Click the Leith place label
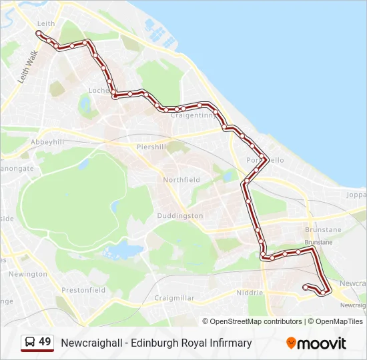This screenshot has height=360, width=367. (x=46, y=23)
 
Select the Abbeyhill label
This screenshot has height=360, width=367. (x=47, y=142)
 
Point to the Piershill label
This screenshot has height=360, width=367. (x=151, y=147)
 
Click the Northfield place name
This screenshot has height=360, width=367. (x=181, y=180)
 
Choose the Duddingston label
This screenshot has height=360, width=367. (x=179, y=216)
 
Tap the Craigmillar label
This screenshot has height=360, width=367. (x=173, y=298)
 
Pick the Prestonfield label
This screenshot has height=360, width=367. (x=83, y=290)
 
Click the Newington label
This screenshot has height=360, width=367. (x=28, y=274)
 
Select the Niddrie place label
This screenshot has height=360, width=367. (x=250, y=293)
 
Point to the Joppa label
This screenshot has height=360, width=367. (x=356, y=196)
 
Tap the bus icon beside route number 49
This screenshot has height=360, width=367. (x=29, y=343)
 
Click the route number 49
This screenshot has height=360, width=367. (x=45, y=343)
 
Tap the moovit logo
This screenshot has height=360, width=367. (x=316, y=343)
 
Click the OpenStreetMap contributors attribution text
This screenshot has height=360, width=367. (x=256, y=321)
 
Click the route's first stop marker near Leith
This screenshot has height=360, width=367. (x=39, y=33)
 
